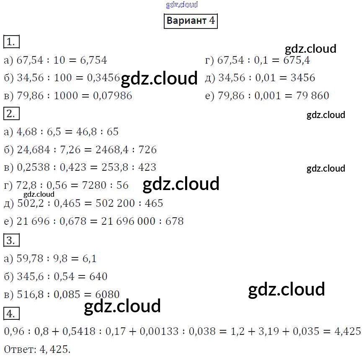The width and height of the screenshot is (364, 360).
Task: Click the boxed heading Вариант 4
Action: [191, 21]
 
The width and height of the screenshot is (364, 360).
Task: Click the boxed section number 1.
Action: [11, 42]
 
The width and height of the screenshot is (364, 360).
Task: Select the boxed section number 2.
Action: [11, 113]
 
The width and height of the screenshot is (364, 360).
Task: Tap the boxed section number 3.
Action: [11, 240]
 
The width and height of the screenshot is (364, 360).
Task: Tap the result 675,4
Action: [297, 60]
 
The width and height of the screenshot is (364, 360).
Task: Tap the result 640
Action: [98, 277]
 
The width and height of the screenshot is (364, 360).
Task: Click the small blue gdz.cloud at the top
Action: [182, 5]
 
